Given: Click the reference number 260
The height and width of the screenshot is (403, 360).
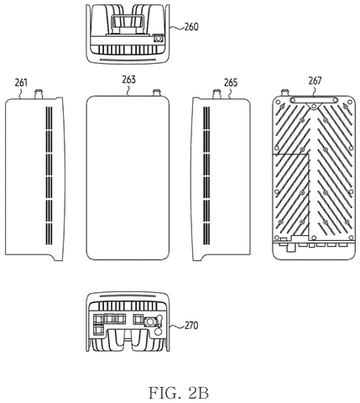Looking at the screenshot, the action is pyautogui.click(x=191, y=27).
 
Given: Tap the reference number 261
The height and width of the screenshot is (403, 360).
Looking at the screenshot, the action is pyautogui.click(x=21, y=83).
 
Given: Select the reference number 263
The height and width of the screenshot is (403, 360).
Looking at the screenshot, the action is pyautogui.click(x=128, y=80).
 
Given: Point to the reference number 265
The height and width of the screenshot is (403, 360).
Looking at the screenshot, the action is pyautogui.click(x=231, y=83).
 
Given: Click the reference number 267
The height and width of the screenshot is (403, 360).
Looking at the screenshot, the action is pyautogui.click(x=315, y=81).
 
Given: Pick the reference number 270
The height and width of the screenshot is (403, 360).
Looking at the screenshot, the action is pyautogui.click(x=191, y=326).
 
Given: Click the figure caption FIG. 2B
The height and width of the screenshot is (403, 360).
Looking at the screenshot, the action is pyautogui.click(x=179, y=393).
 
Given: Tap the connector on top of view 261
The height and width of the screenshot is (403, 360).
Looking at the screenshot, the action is pyautogui.click(x=39, y=93).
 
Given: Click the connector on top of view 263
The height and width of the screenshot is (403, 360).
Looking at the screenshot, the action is pyautogui.click(x=157, y=92).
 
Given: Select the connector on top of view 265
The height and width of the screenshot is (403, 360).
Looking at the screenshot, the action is pyautogui.click(x=217, y=93).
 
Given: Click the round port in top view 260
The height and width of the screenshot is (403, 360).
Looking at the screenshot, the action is pyautogui.click(x=159, y=38).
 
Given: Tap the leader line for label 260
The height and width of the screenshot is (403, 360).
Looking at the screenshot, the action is pyautogui.click(x=177, y=28).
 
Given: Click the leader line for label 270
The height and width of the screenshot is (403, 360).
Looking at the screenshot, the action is pyautogui.click(x=177, y=327).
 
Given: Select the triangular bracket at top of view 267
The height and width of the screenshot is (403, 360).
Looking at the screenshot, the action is pyautogui.click(x=315, y=107).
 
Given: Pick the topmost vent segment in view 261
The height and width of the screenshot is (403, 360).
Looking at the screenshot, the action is pyautogui.click(x=49, y=118).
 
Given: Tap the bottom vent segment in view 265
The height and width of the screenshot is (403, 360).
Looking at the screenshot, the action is pyautogui.click(x=206, y=234).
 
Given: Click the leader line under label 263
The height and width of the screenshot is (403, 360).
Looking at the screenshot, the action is pyautogui.click(x=128, y=90).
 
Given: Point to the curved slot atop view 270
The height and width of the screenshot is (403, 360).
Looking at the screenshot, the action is pyautogui.click(x=128, y=296).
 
